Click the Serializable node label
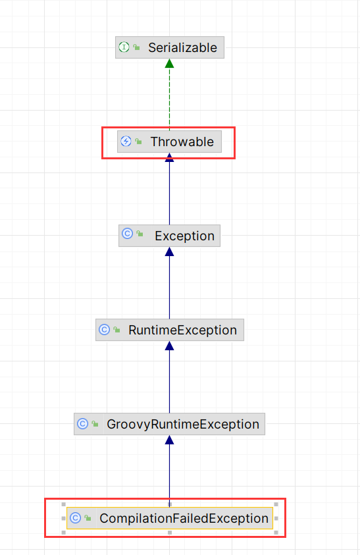182,47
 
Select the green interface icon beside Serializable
124,47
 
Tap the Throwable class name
182,142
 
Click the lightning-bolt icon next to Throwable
126,142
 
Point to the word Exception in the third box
184,236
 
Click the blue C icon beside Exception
128,234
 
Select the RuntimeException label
182,330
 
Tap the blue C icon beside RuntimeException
104,330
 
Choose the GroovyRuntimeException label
183,424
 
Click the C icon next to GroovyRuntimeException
82,424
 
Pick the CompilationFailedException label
184,518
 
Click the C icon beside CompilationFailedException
76,518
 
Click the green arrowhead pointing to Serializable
170,63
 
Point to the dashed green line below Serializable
170,99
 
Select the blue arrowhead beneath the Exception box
170,251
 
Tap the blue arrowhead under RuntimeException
170,346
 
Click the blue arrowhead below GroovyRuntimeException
170,440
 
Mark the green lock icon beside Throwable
139,142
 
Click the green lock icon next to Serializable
137,47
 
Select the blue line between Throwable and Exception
170,193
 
